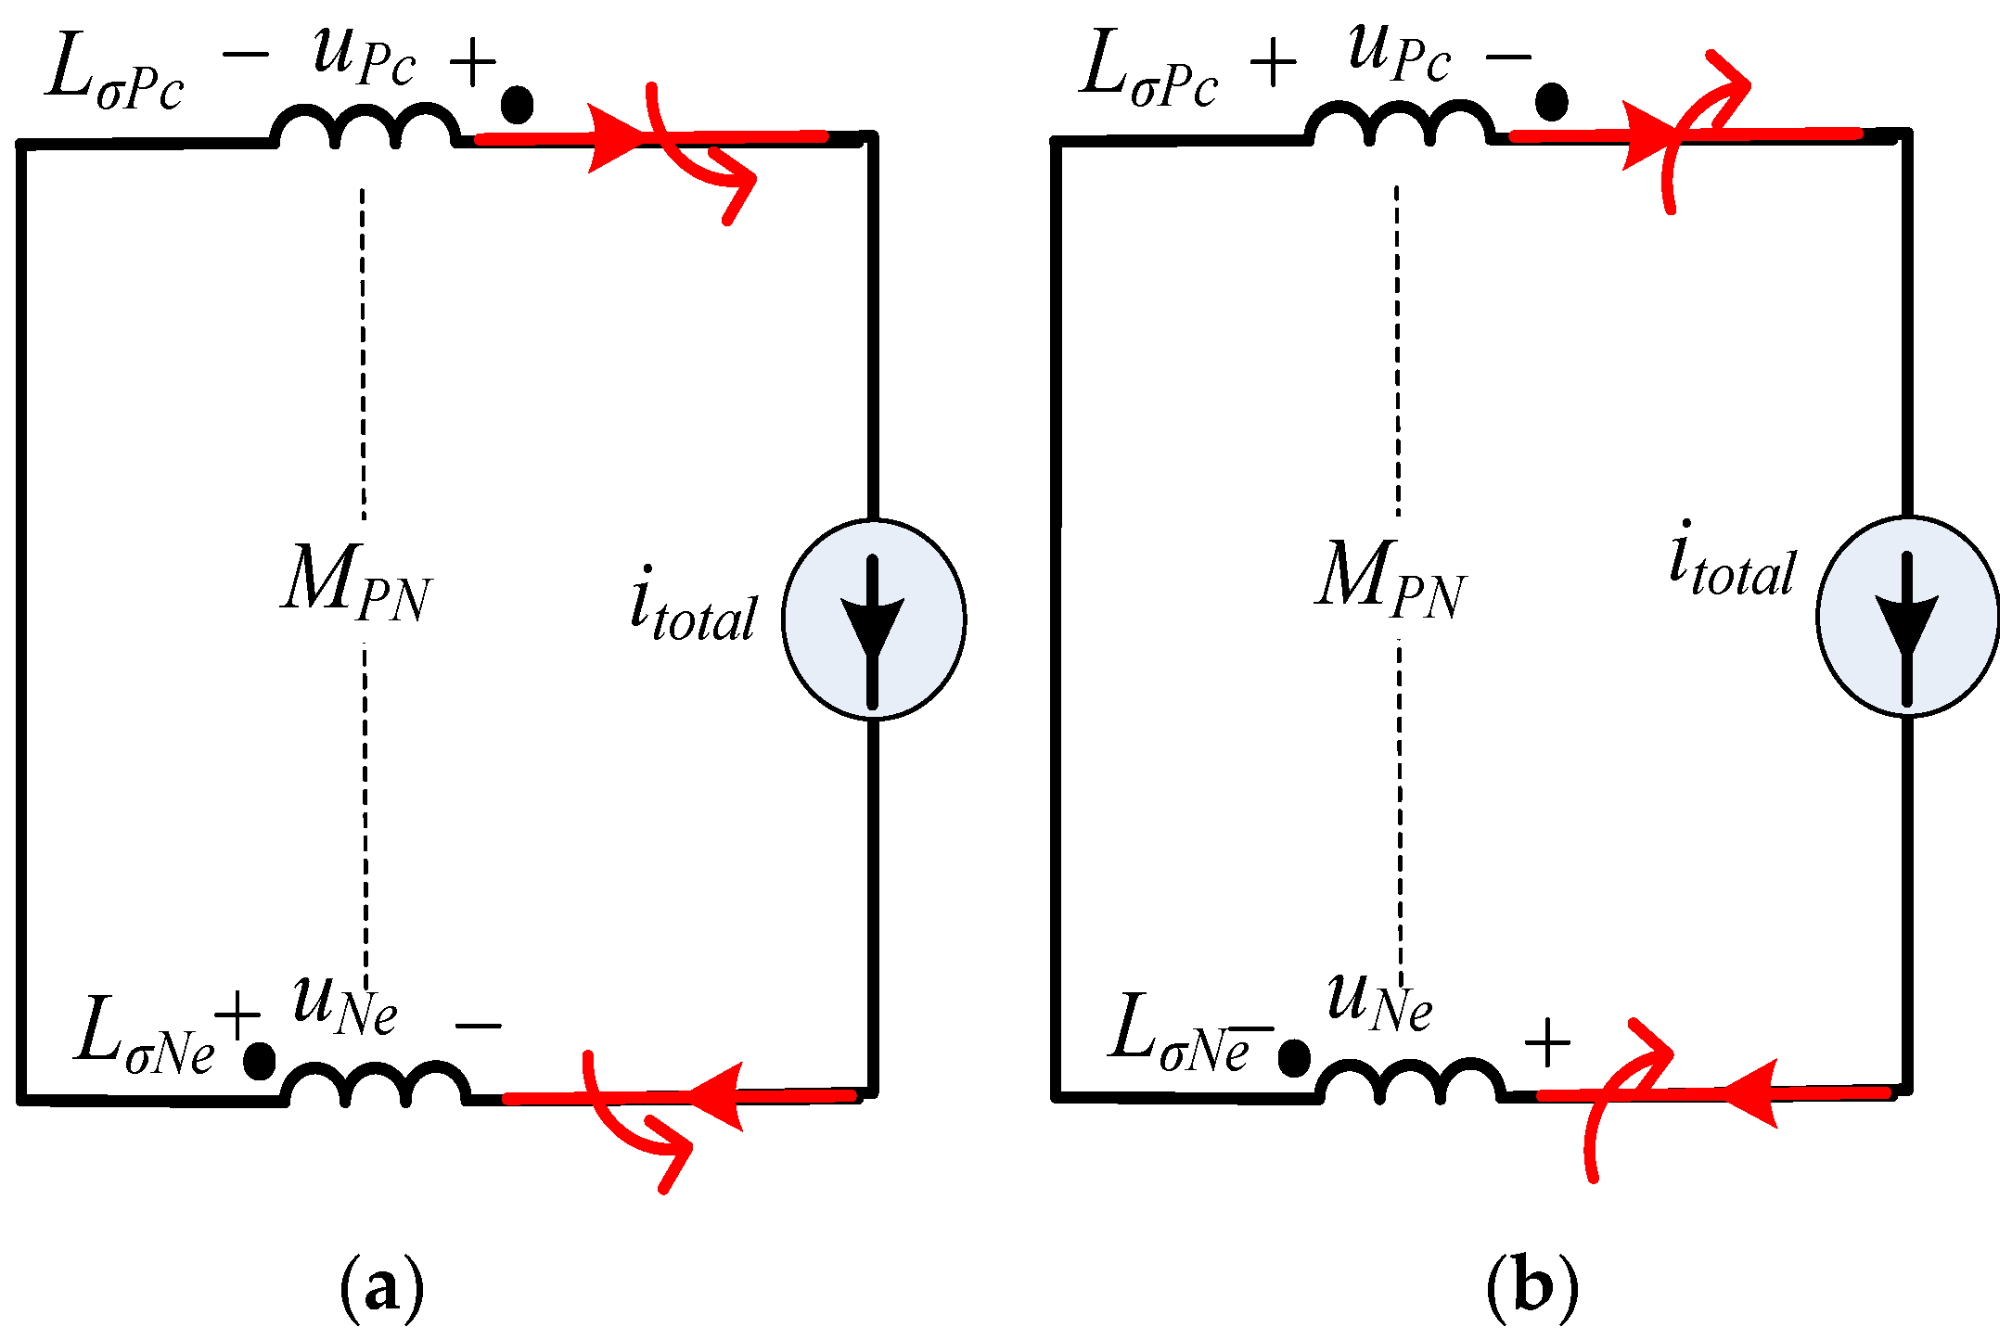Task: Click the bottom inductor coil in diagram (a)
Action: coord(376,1083)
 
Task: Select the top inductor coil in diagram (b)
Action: coord(1399,124)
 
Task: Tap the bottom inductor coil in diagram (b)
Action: coord(1409,1080)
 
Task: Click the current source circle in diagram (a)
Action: coord(873,619)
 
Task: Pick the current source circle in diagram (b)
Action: coord(1907,616)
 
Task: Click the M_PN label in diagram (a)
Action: coord(356,582)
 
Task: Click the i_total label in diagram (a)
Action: coord(693,606)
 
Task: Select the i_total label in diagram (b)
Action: coord(1731,561)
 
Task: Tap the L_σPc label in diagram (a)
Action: coord(116,72)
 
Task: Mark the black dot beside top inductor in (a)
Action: coord(517,104)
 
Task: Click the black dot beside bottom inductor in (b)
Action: coord(1293,1057)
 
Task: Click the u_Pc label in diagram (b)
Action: coord(1398,51)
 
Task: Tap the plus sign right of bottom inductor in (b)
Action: coord(1546,1042)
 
